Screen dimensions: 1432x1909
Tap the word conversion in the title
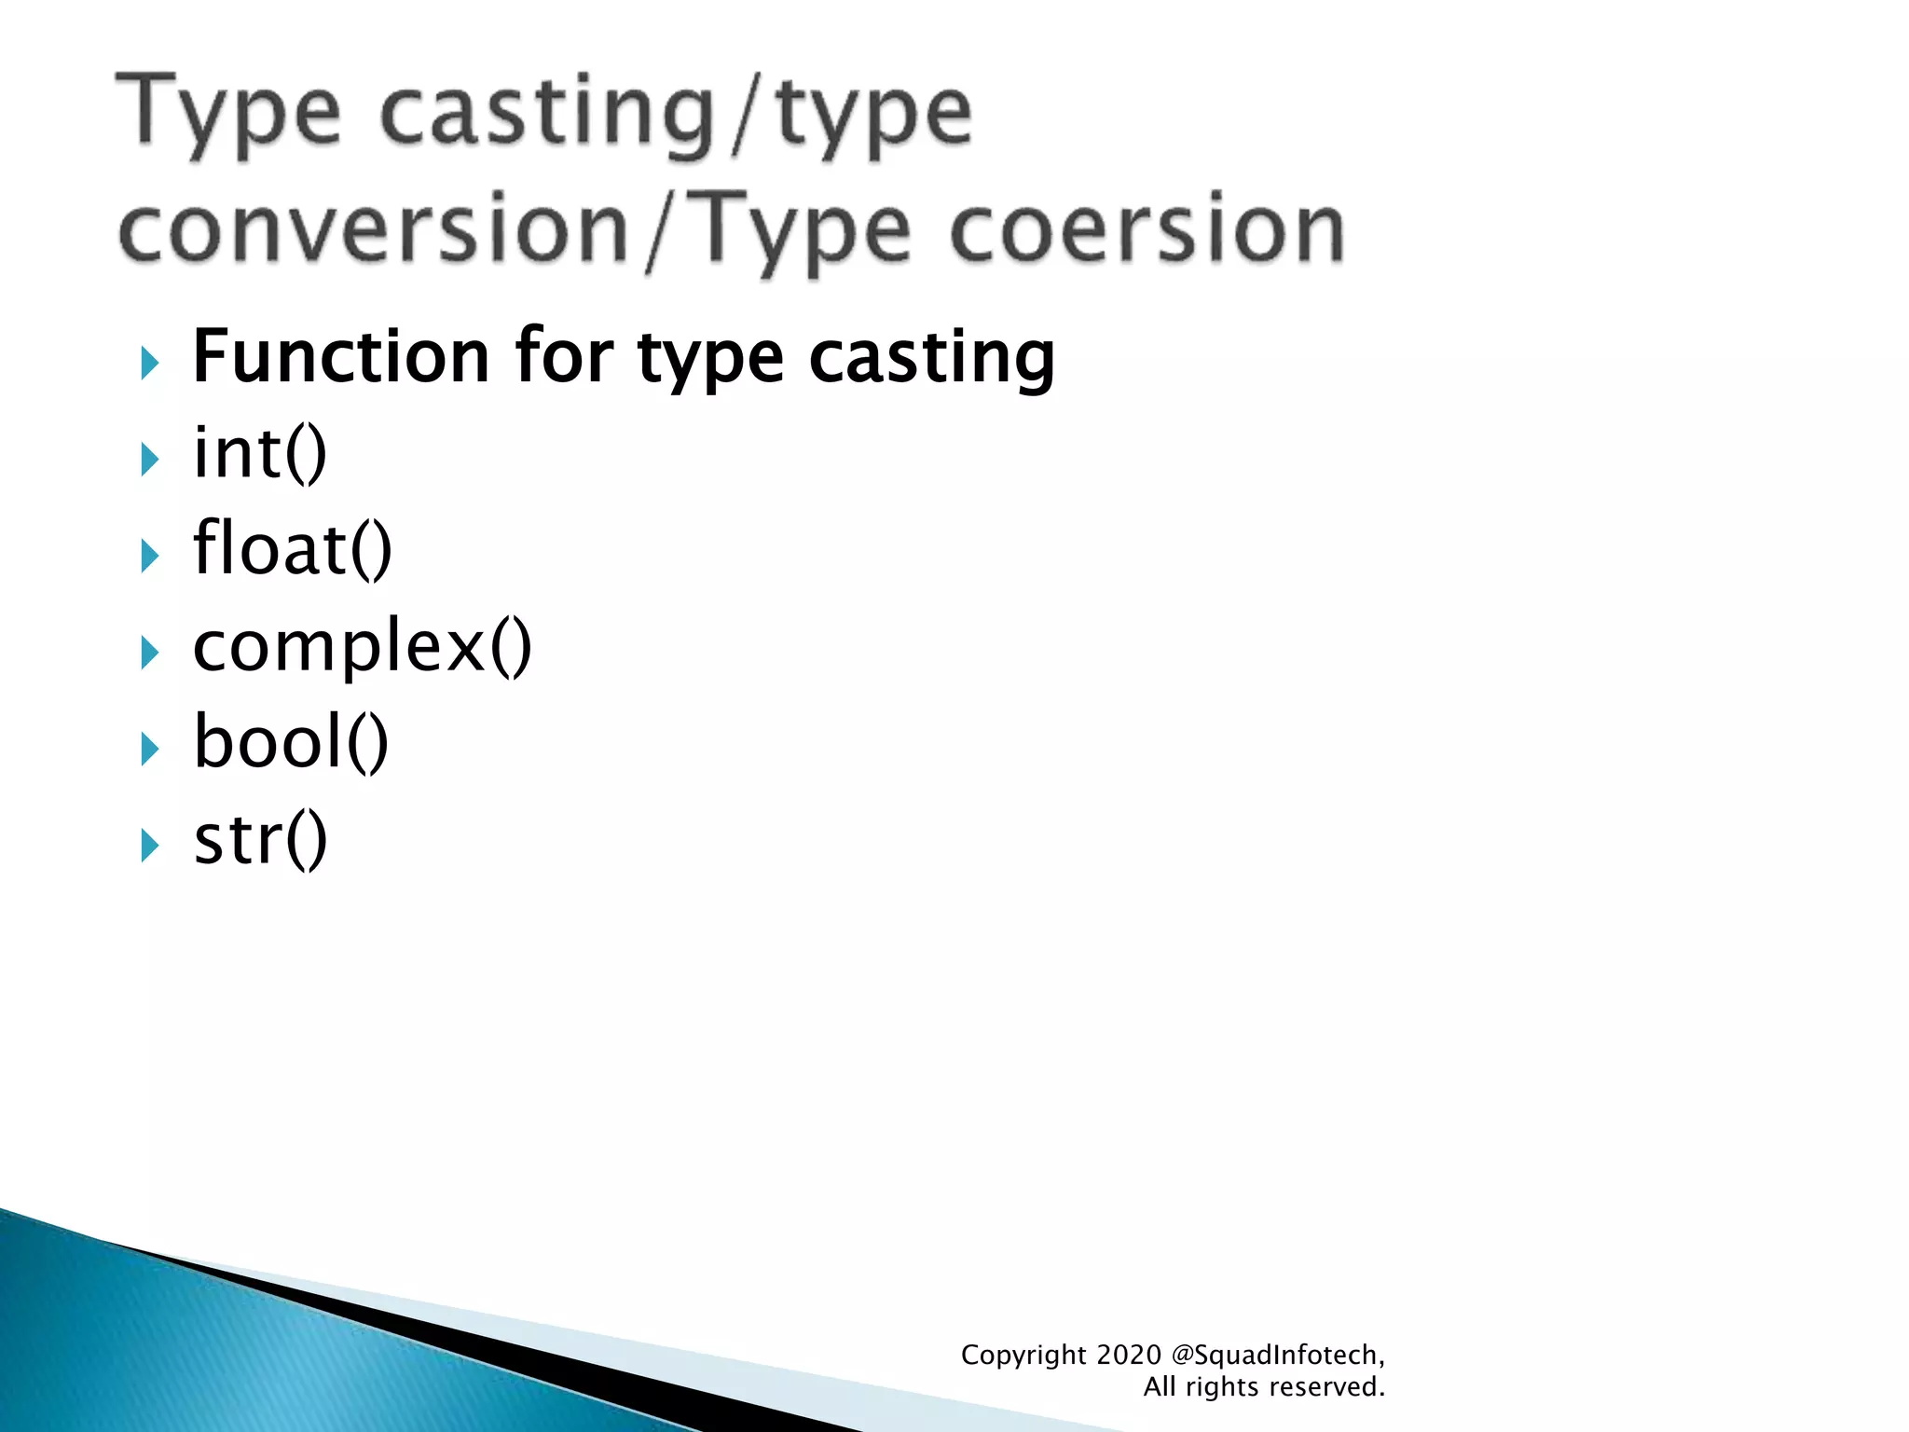374,229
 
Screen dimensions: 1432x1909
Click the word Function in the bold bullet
340,357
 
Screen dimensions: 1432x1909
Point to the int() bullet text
260,454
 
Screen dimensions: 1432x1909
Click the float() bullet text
293,550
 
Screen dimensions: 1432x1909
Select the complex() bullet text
362,646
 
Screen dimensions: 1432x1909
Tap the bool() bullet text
291,743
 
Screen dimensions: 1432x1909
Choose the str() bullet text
260,840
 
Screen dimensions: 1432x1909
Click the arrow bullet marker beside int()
149,459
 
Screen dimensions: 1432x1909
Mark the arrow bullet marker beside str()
149,846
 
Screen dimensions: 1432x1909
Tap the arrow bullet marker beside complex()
149,653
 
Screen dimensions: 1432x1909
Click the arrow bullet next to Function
149,363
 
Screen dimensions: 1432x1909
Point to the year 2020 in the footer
1129,1355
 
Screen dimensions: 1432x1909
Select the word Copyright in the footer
1023,1355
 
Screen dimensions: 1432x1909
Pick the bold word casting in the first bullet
931,357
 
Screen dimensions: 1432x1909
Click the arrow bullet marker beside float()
149,556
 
